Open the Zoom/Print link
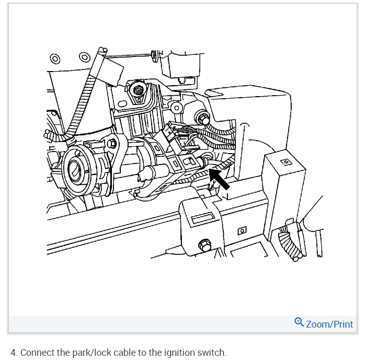coord(329,324)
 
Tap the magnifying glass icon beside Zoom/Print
coord(299,322)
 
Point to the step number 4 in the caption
coord(13,352)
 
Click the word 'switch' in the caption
coord(213,352)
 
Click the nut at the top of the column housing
coord(139,91)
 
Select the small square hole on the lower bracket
coord(242,230)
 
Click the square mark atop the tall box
coord(285,162)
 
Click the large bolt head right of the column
coord(201,117)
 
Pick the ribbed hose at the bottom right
coord(289,240)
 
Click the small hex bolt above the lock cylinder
coord(113,142)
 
